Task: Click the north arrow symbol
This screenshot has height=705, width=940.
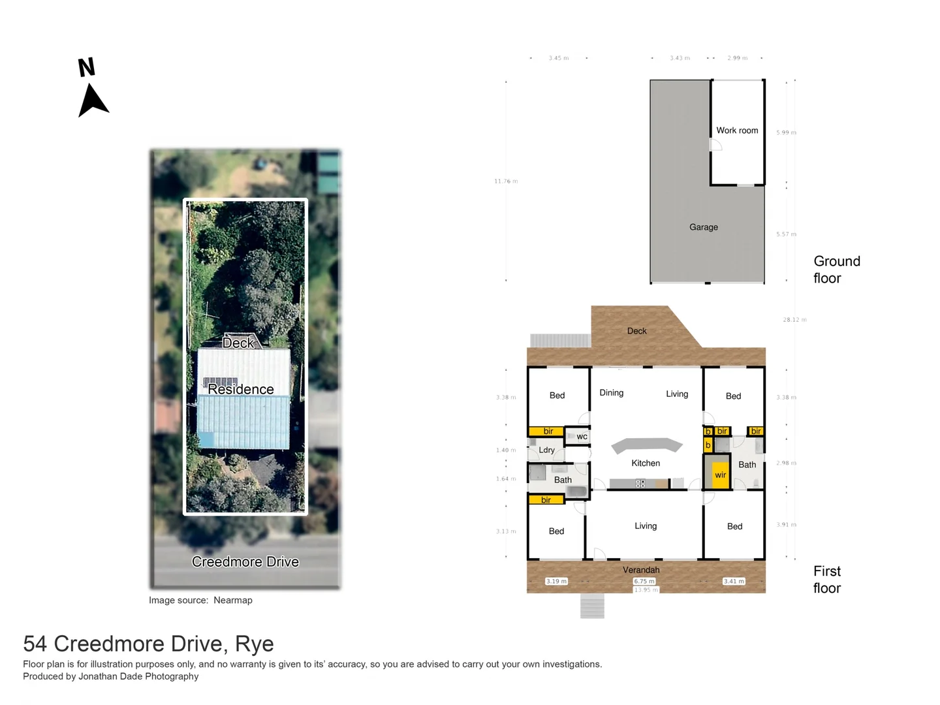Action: (x=93, y=99)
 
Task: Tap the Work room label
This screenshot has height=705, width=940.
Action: (x=737, y=131)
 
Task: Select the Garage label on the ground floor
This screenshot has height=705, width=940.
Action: (x=703, y=227)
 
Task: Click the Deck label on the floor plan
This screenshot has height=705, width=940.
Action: (x=636, y=331)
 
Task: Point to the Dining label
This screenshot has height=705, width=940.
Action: (x=611, y=393)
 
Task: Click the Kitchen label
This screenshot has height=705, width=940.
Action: (x=645, y=463)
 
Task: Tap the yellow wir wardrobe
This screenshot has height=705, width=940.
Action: (x=720, y=475)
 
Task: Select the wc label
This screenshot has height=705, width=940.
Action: (x=582, y=437)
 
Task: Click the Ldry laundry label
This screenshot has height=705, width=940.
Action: (x=546, y=450)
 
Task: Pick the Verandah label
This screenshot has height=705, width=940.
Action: (x=640, y=570)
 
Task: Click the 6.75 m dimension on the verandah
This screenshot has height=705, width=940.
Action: (x=644, y=581)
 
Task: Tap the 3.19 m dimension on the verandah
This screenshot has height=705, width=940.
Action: (x=556, y=581)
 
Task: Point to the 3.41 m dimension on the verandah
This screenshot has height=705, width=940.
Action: (x=734, y=581)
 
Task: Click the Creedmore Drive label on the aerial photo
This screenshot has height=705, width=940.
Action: (x=245, y=562)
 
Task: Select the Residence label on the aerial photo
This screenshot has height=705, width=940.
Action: (x=240, y=390)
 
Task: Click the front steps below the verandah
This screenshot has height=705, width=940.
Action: (x=592, y=606)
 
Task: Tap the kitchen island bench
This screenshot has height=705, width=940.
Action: (x=646, y=445)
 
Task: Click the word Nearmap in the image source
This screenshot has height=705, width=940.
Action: (x=232, y=601)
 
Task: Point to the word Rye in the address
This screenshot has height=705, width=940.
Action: (x=254, y=644)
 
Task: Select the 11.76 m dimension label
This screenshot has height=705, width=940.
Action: (x=505, y=181)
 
